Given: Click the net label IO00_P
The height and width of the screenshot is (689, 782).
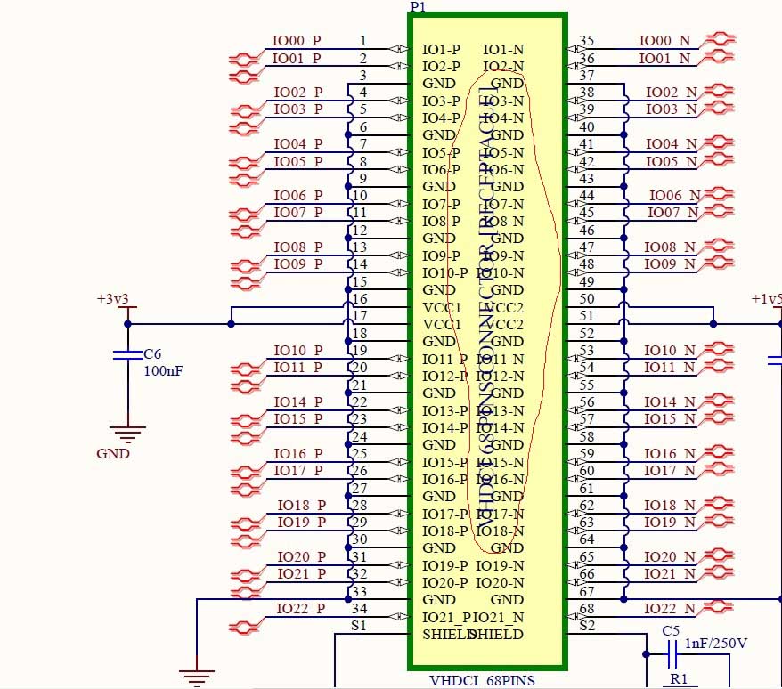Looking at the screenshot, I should pyautogui.click(x=296, y=41).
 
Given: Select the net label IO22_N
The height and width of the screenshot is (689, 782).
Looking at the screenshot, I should pyautogui.click(x=668, y=609).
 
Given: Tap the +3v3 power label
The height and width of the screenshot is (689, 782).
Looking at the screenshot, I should pyautogui.click(x=113, y=299).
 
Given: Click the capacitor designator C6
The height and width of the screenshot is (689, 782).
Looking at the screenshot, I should pyautogui.click(x=153, y=354).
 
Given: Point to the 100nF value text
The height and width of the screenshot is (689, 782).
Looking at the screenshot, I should pyautogui.click(x=164, y=369).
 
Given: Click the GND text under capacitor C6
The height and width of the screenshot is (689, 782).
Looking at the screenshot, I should pyautogui.click(x=113, y=453).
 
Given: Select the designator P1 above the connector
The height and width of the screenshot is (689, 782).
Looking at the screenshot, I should pyautogui.click(x=418, y=6).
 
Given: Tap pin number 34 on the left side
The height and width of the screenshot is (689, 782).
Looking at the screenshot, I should pyautogui.click(x=360, y=609).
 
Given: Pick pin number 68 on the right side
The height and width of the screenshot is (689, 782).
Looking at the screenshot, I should pyautogui.click(x=587, y=609).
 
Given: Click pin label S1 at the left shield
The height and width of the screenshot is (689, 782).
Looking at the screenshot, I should pyautogui.click(x=360, y=626).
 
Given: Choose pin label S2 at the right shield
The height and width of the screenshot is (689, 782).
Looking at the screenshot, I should pyautogui.click(x=587, y=626).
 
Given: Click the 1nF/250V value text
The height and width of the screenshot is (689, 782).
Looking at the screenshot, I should pyautogui.click(x=716, y=644).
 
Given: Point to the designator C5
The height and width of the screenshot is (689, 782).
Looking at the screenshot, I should pyautogui.click(x=671, y=630).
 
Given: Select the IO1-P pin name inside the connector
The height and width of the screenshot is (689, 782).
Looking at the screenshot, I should pyautogui.click(x=441, y=49).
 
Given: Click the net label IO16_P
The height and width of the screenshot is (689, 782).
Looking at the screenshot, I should pyautogui.click(x=297, y=454).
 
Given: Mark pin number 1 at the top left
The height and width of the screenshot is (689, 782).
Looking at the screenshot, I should pyautogui.click(x=362, y=41).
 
